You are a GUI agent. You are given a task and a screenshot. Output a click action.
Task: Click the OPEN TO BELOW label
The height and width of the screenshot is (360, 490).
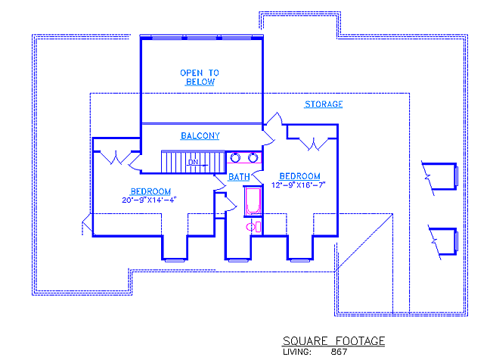(200, 77)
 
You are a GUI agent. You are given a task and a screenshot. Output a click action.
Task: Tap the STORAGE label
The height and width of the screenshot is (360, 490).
(324, 104)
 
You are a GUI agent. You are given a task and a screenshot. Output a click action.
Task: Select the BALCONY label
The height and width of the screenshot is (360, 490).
(200, 136)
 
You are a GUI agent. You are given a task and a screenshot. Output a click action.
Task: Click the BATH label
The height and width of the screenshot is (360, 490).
(239, 177)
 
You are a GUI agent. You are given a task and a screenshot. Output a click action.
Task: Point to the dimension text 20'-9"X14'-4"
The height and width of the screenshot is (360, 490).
(150, 200)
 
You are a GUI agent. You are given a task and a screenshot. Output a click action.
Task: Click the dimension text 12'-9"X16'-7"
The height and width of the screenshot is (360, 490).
(299, 185)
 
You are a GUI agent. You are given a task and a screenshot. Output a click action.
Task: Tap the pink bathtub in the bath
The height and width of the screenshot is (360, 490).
(253, 201)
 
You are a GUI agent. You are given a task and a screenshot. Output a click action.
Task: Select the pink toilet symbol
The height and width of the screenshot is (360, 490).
(253, 227)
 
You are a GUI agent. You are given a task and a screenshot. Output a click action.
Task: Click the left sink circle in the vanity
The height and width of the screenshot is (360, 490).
(235, 157)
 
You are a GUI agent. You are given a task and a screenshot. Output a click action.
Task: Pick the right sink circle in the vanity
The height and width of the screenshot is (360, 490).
(253, 157)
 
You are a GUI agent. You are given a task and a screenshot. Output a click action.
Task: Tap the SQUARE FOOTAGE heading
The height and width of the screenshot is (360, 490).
(333, 341)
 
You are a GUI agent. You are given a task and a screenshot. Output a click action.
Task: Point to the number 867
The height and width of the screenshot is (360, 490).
(339, 352)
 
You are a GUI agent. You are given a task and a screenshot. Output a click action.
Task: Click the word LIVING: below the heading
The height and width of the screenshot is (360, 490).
(297, 352)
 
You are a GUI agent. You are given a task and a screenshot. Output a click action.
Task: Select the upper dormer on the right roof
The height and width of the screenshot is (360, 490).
(440, 177)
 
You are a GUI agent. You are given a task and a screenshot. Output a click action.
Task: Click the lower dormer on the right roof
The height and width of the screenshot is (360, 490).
(443, 242)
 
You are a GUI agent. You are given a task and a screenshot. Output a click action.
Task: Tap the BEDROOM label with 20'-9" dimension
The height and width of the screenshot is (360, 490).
(150, 191)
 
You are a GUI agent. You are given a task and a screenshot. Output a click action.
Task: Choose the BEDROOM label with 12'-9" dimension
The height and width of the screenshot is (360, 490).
(299, 176)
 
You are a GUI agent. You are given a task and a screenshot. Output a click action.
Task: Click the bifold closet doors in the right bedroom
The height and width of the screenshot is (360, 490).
(314, 144)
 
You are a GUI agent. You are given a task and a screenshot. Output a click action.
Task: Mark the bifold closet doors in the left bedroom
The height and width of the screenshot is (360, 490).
(116, 157)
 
